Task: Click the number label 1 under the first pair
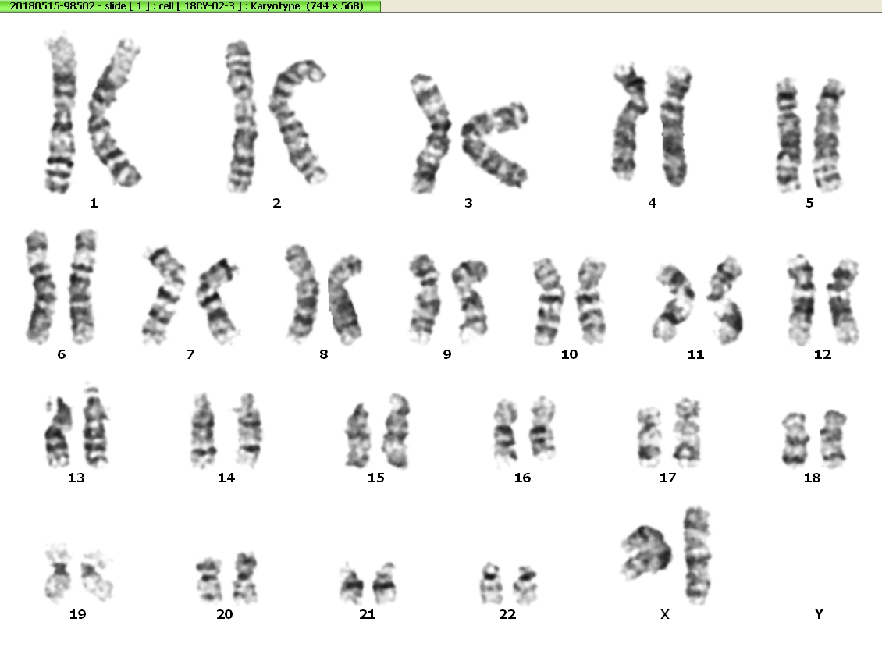pos(94,203)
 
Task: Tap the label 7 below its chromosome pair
pos(190,354)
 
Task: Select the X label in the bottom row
pos(665,614)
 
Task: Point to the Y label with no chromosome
pos(819,614)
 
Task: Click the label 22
pos(507,614)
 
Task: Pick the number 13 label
pos(76,478)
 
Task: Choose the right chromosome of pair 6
pos(82,286)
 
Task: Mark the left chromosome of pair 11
pos(674,303)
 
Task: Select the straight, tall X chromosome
pos(697,555)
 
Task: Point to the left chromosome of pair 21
pos(352,584)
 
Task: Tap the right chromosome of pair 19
pos(97,574)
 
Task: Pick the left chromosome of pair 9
pos(425,298)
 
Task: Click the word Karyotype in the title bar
pos(275,6)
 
